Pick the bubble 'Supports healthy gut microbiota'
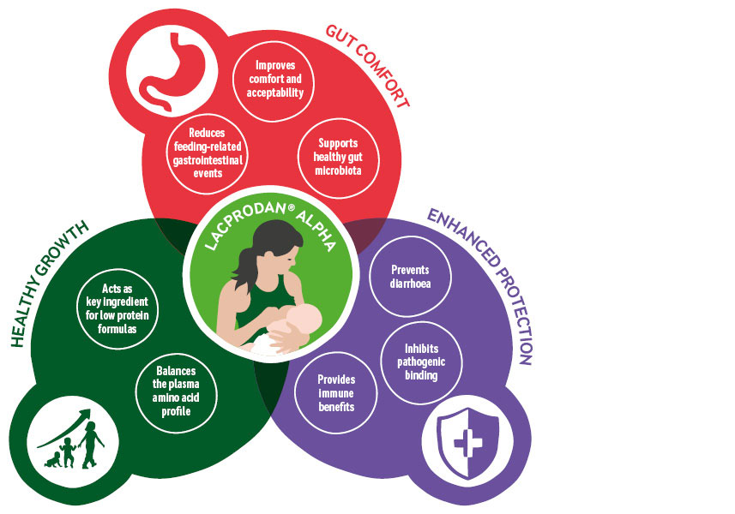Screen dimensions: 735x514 (x=337, y=157)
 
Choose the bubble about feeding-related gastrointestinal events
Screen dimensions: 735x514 (x=207, y=153)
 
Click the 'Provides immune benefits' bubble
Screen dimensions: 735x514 (x=335, y=392)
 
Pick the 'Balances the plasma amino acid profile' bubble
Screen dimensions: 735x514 (x=178, y=390)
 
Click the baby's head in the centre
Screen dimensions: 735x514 (x=305, y=325)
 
